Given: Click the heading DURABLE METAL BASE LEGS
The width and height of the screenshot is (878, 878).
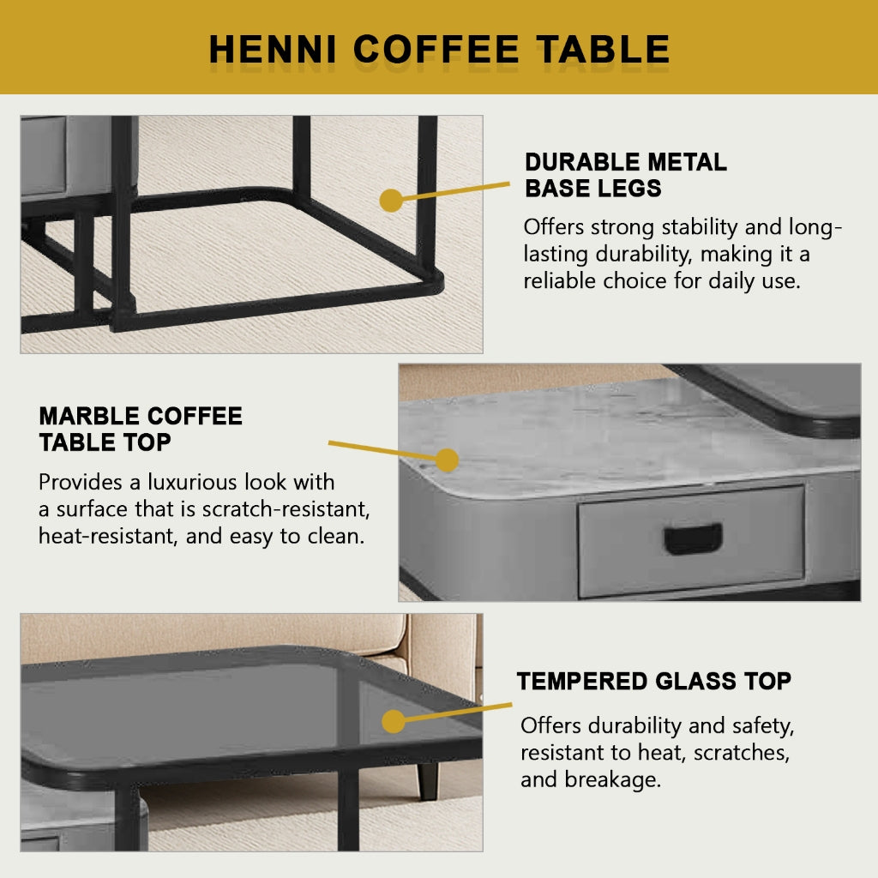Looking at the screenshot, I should [x=625, y=175].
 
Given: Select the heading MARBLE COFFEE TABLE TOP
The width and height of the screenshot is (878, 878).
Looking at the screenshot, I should [x=141, y=430].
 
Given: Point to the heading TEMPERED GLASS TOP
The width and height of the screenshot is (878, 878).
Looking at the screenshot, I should [x=653, y=682].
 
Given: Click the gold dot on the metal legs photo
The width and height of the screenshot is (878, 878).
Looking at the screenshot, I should [x=391, y=201].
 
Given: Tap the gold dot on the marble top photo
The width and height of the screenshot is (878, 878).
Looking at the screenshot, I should [x=447, y=460].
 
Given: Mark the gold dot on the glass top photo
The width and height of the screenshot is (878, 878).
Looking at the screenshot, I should [x=394, y=721].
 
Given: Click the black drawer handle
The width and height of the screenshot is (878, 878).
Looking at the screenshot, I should [x=693, y=539].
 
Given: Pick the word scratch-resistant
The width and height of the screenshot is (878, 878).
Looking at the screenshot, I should [x=286, y=509].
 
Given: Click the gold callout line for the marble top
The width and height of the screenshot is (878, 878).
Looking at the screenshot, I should [x=386, y=451].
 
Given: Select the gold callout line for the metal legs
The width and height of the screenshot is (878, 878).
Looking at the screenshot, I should [x=454, y=191].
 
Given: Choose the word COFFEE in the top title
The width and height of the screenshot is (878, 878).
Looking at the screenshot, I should [x=436, y=49].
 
